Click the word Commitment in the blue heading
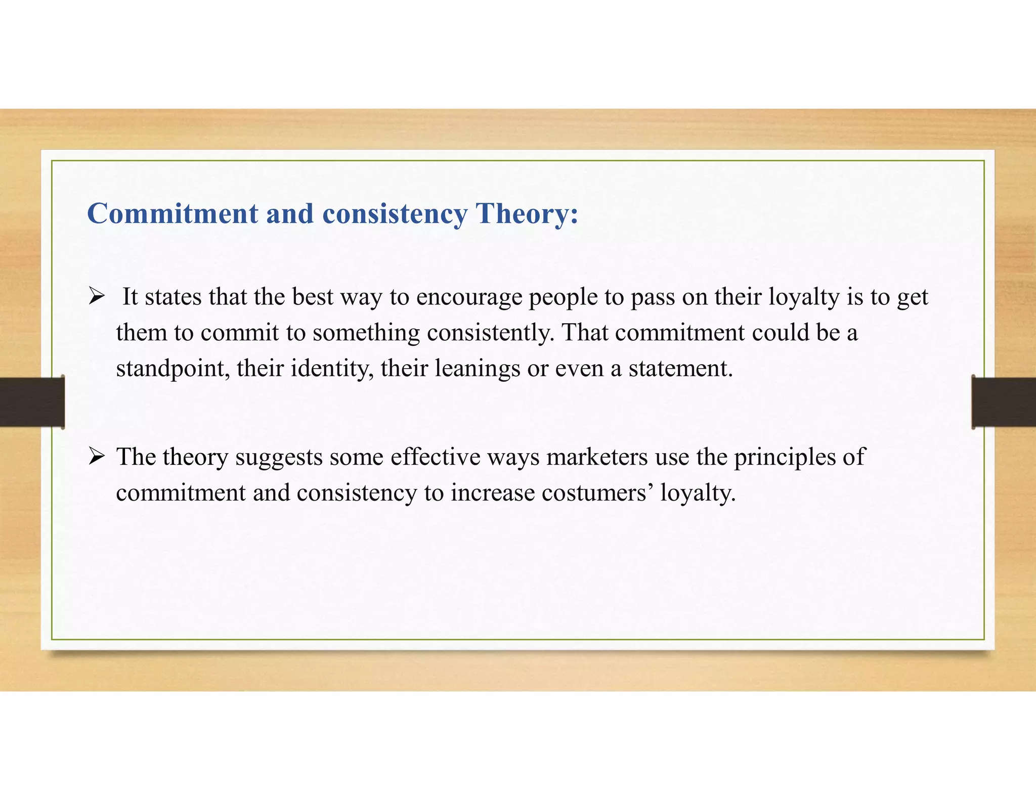[x=172, y=214]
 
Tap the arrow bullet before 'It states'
[x=96, y=297]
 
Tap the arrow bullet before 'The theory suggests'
[x=96, y=457]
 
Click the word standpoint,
[x=172, y=369]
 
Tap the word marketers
[x=597, y=457]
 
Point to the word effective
[x=435, y=457]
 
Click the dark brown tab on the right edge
[x=1004, y=402]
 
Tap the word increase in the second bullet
[x=493, y=493]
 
